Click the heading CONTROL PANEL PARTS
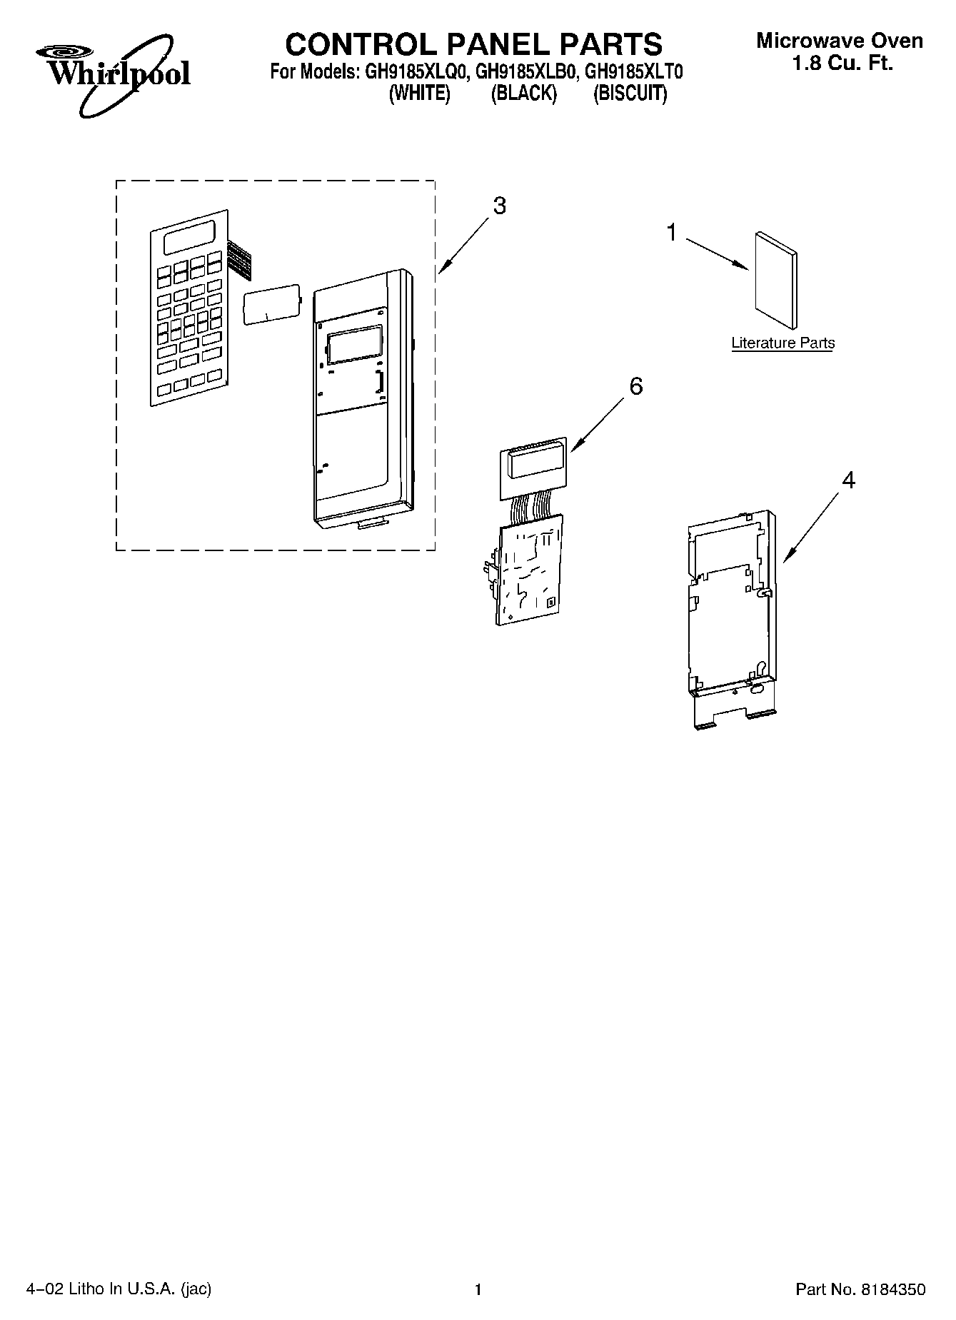click(x=473, y=44)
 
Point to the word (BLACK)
click(x=523, y=94)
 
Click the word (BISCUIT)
click(x=630, y=94)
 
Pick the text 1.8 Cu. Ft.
click(x=842, y=64)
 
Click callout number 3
click(x=499, y=206)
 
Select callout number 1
click(x=671, y=233)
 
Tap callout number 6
click(x=635, y=386)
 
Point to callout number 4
click(x=847, y=480)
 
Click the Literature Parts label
click(x=783, y=343)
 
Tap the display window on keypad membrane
click(x=190, y=238)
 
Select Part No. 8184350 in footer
click(x=860, y=1289)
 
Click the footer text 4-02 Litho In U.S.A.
click(x=119, y=1289)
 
